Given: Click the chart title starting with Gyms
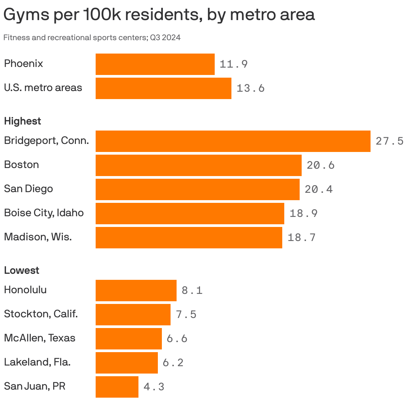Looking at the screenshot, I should coord(159,15).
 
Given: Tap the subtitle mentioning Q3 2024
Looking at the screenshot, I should coord(92,37).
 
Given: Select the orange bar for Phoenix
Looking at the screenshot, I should coord(155,64).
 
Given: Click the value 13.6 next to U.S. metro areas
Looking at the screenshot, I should coord(250,88).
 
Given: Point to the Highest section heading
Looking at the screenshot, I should coord(22,121).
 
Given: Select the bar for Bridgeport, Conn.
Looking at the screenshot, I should coord(233,141).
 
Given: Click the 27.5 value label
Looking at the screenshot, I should coord(390,141).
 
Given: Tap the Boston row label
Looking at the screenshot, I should coord(21,165).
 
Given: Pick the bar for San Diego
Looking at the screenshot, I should coord(197,189).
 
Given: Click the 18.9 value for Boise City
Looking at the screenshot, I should coord(303,214).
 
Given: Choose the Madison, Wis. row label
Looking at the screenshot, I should coord(38,237).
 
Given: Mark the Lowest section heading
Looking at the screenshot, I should coord(21,270).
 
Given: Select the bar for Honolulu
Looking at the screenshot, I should coord(136,291).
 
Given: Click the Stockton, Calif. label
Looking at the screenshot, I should coord(41,314).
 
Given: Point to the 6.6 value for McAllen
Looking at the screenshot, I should coord(177,339).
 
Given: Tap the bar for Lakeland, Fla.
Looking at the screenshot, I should coord(126,363).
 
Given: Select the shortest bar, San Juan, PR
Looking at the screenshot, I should coord(117,387).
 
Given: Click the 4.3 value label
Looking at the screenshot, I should coord(154,387).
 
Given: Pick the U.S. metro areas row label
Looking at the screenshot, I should coord(43,88).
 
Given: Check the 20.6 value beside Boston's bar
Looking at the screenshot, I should coord(320,165).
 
